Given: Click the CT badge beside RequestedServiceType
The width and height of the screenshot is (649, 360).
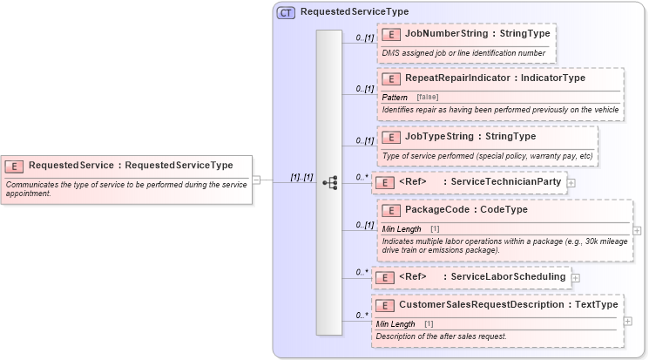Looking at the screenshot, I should pyautogui.click(x=286, y=12).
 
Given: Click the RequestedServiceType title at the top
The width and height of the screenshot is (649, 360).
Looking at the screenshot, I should pyautogui.click(x=354, y=12).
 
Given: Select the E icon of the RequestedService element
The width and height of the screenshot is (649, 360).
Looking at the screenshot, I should pyautogui.click(x=14, y=165).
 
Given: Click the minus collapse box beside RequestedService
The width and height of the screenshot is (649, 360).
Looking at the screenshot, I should pyautogui.click(x=256, y=180).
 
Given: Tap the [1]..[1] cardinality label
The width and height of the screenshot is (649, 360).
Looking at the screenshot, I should pyautogui.click(x=301, y=177).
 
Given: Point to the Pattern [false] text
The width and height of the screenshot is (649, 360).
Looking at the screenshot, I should pyautogui.click(x=410, y=97).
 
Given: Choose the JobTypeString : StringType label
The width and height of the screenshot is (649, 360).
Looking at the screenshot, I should pyautogui.click(x=470, y=136).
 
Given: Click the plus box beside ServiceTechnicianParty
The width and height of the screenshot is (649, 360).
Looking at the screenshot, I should pyautogui.click(x=571, y=183).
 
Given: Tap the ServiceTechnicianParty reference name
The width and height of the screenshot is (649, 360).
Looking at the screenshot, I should pyautogui.click(x=505, y=182).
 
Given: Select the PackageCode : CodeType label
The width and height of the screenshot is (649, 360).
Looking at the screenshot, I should pyautogui.click(x=466, y=210).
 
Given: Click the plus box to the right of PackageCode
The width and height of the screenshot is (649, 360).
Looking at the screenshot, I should pyautogui.click(x=638, y=231).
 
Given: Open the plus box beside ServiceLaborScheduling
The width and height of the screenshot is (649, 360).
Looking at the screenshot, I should pyautogui.click(x=576, y=277).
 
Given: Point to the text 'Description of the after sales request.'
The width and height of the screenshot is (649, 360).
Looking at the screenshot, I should pyautogui.click(x=441, y=336).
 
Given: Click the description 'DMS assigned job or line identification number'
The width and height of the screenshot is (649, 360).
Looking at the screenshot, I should pyautogui.click(x=463, y=52).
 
